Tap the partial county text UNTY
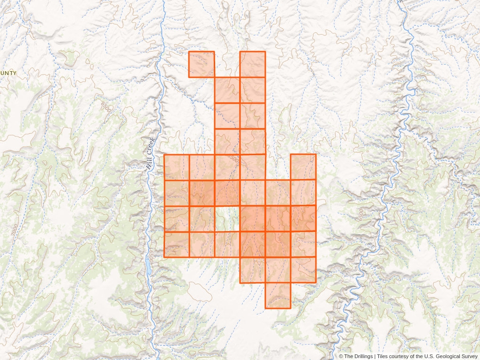[8, 73]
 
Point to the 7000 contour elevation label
[15, 230]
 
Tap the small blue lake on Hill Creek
[149, 268]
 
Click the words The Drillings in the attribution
[359, 357]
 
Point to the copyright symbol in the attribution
[341, 357]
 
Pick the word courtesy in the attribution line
[401, 357]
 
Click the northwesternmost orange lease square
[202, 64]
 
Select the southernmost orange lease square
[278, 295]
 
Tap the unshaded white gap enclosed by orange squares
[227, 218]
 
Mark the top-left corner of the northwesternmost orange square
[189, 52]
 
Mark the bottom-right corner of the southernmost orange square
[291, 308]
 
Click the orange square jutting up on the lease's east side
[303, 167]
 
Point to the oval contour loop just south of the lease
[199, 291]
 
